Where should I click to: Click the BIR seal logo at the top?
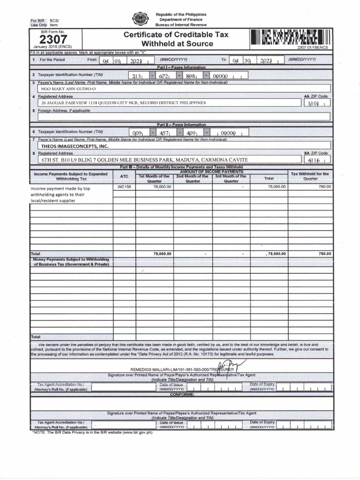tap(140, 20)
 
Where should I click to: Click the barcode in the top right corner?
tap(291, 37)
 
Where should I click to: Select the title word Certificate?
tap(145, 35)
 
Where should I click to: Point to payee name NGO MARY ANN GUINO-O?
tap(68, 89)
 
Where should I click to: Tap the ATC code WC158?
tap(124, 187)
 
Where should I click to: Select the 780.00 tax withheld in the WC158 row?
tap(325, 187)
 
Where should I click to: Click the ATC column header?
tap(124, 176)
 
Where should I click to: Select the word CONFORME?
tap(182, 395)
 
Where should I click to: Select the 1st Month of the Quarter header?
tap(154, 179)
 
